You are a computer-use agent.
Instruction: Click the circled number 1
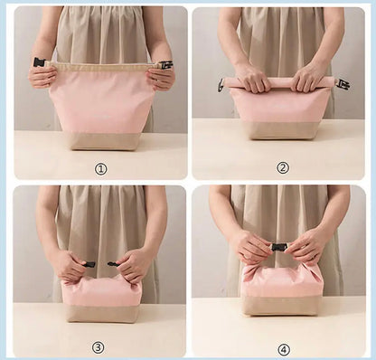point(100,167)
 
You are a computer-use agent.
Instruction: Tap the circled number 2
point(282,167)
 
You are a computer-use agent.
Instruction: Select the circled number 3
point(99,346)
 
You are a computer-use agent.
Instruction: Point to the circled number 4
point(283,348)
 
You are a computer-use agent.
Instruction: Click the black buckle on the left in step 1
point(38,63)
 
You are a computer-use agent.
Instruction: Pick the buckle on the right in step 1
point(165,65)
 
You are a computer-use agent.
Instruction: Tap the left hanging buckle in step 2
point(221,84)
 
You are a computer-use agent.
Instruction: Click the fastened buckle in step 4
point(280,246)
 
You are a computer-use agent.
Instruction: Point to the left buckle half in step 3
point(89,264)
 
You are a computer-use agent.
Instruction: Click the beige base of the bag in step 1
point(101,138)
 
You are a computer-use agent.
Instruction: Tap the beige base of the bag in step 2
point(281,129)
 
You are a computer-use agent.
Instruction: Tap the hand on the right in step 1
point(161,77)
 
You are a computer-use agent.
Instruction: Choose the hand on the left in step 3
point(68,265)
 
